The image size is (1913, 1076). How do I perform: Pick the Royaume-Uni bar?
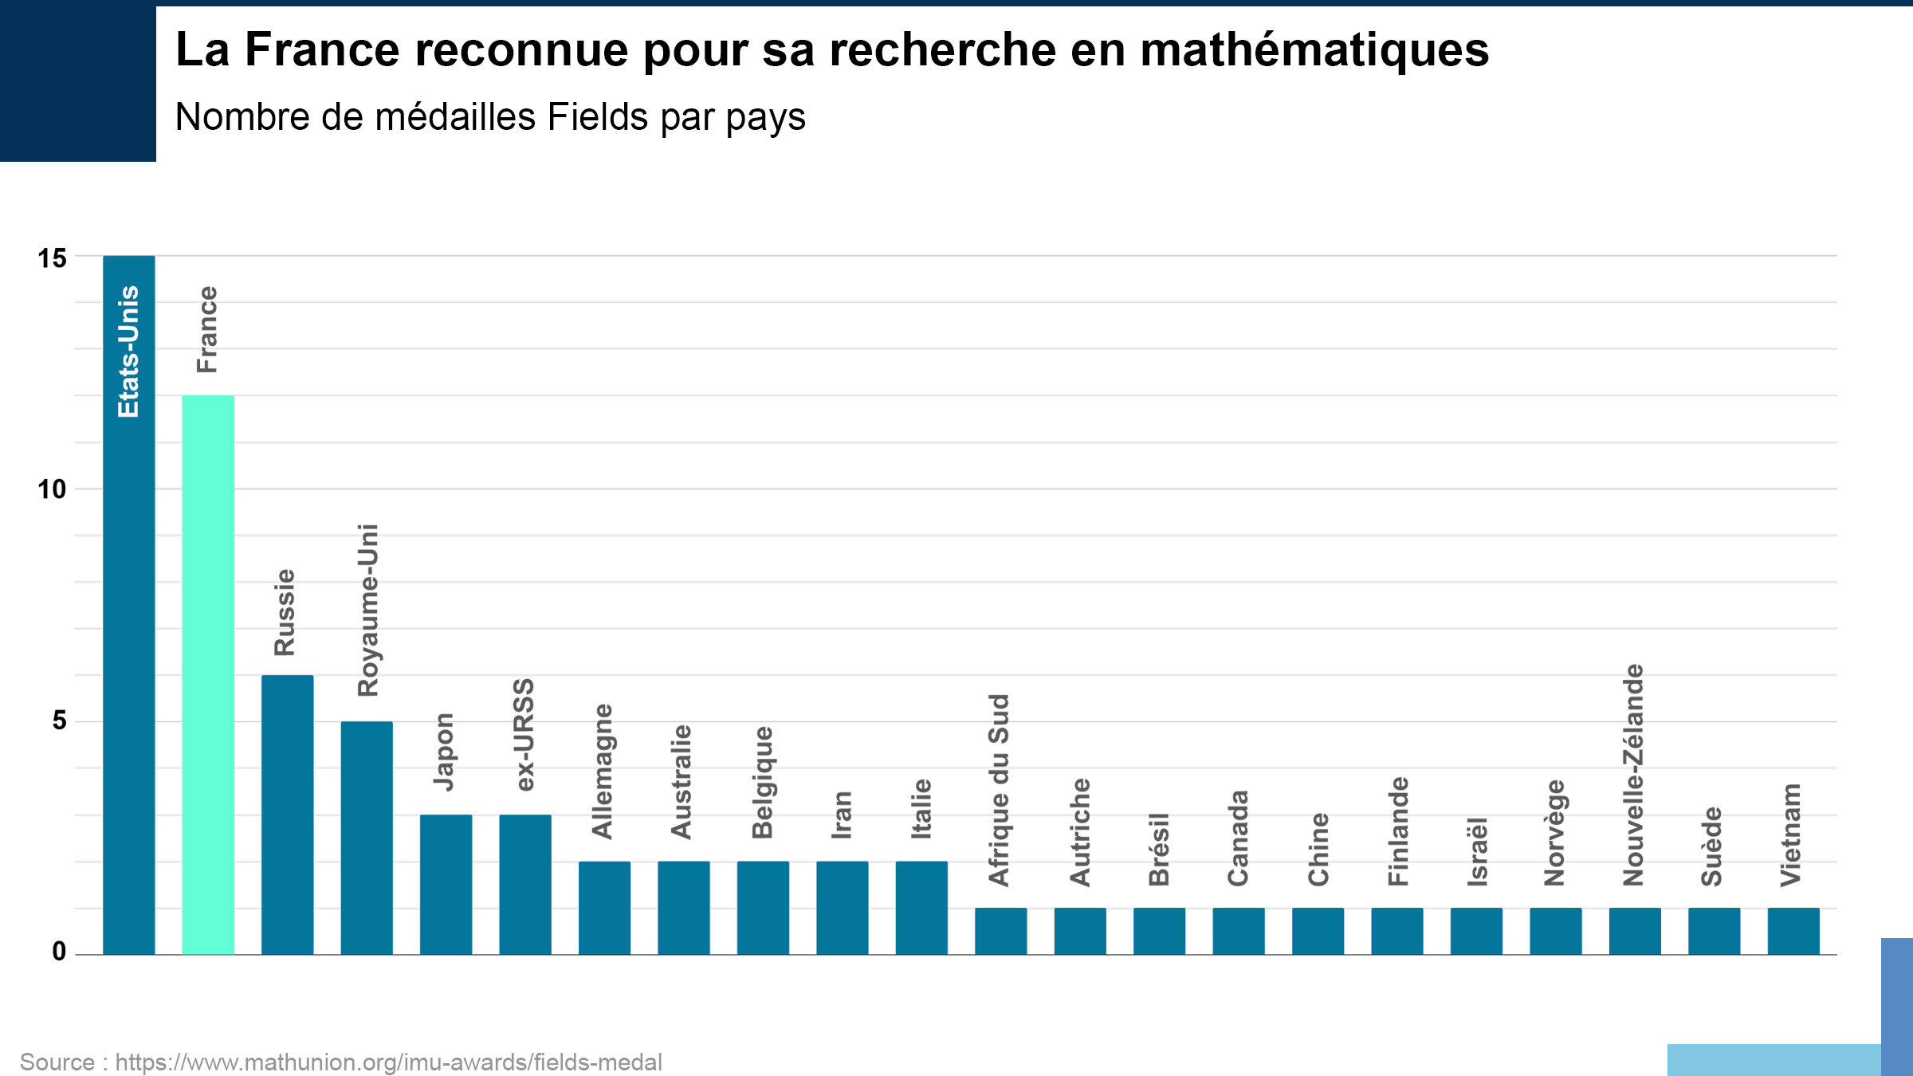pyautogui.click(x=367, y=837)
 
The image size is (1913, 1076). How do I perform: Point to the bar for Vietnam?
pyautogui.click(x=1793, y=930)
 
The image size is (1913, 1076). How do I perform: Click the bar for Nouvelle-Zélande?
pyautogui.click(x=1635, y=930)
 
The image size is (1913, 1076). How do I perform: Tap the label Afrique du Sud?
pyautogui.click(x=999, y=790)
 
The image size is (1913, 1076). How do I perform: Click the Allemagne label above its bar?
pyautogui.click(x=603, y=771)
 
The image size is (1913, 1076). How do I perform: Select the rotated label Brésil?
pyautogui.click(x=1158, y=849)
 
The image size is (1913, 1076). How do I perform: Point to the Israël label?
pyautogui.click(x=1476, y=851)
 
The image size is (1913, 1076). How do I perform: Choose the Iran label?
pyautogui.click(x=842, y=815)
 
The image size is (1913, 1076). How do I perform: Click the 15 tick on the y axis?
pyautogui.click(x=53, y=258)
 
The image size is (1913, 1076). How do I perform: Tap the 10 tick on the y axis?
pyautogui.click(x=53, y=489)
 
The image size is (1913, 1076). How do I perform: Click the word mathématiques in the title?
pyautogui.click(x=1314, y=49)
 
